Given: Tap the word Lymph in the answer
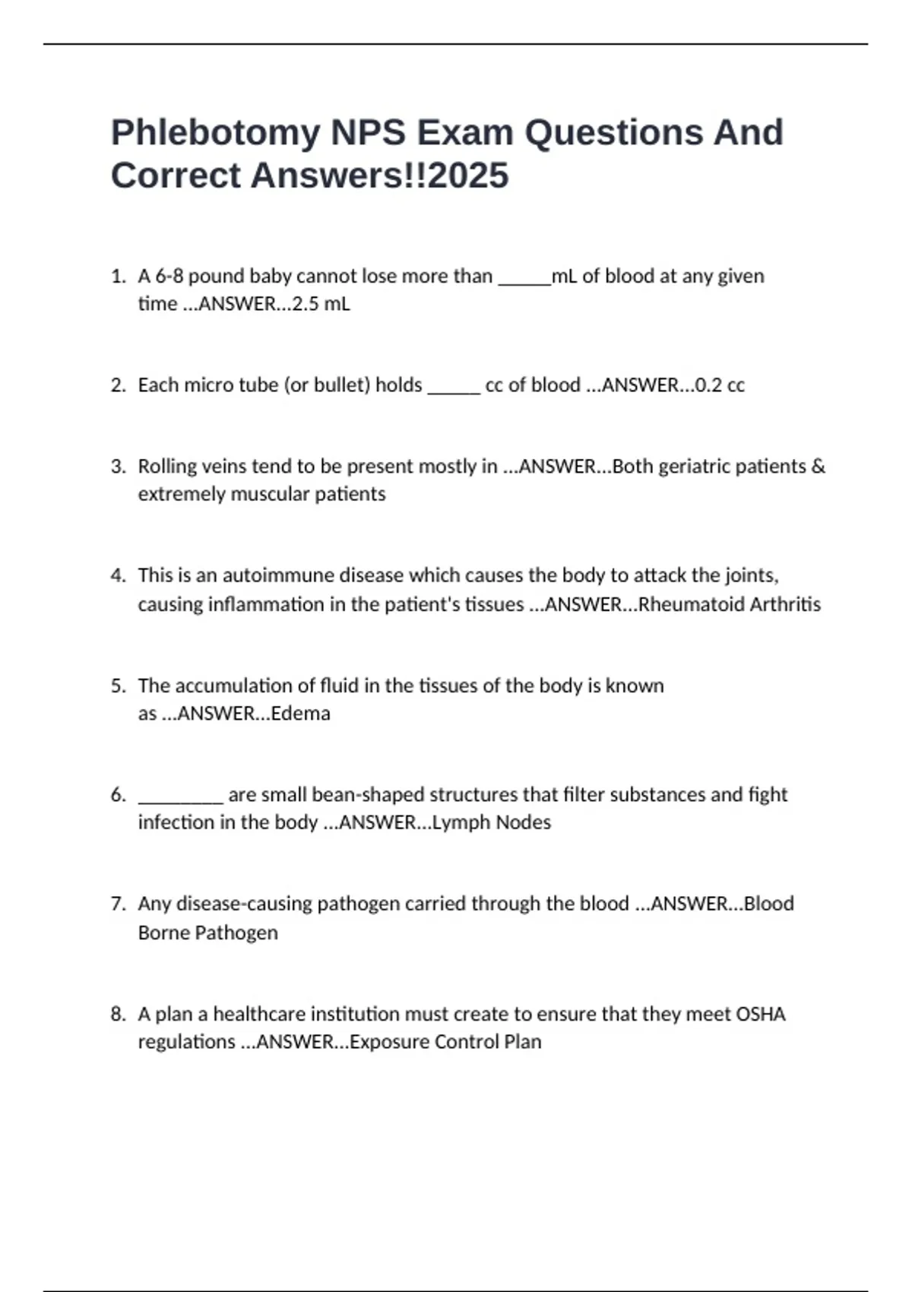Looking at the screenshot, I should [457, 823].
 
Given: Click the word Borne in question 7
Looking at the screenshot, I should [163, 933].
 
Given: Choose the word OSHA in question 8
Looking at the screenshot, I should [761, 1015].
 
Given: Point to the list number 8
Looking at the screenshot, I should [117, 1015].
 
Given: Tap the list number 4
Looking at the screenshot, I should [117, 575].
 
